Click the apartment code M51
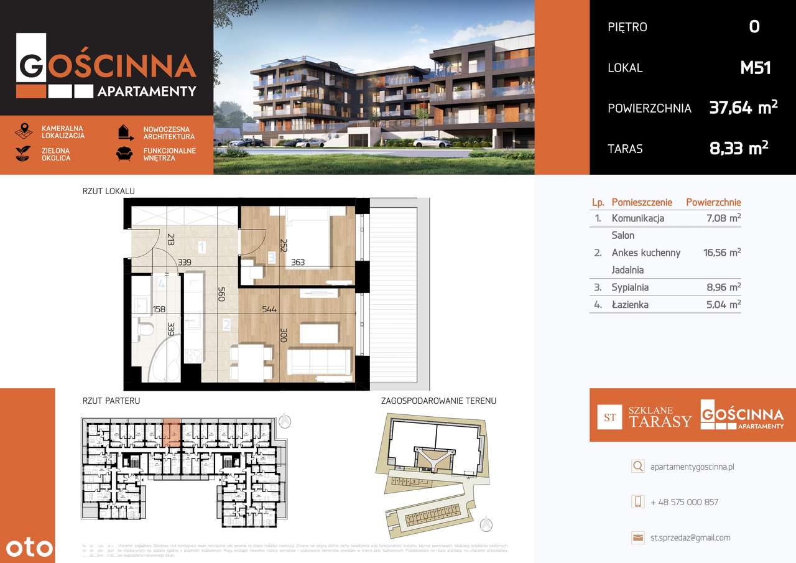[x=755, y=67]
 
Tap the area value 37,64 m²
[x=743, y=108]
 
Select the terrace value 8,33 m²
[x=739, y=148]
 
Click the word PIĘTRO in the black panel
[x=627, y=27]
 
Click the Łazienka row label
[x=630, y=304]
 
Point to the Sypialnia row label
[x=630, y=287]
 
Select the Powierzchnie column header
[x=713, y=202]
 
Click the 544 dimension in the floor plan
[x=269, y=309]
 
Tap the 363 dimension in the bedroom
[x=298, y=263]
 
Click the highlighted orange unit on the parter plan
[x=172, y=431]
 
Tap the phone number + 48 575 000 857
[x=684, y=502]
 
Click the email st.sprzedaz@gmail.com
[x=690, y=537]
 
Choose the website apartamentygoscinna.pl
[x=692, y=467]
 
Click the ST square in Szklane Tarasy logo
[x=609, y=417]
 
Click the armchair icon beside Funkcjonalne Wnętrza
[x=124, y=154]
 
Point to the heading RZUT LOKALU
[x=108, y=192]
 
